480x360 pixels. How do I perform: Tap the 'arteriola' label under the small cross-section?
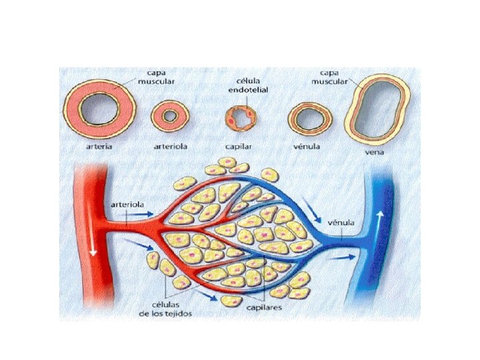(x=169, y=145)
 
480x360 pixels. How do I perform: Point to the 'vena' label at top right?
(x=375, y=151)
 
